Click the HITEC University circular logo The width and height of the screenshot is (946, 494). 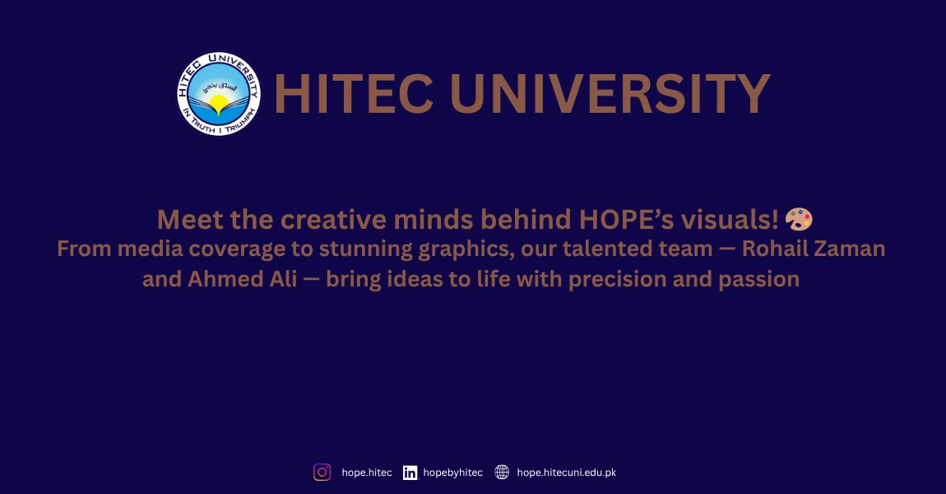(x=218, y=94)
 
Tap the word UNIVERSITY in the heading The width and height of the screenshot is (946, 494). (x=610, y=94)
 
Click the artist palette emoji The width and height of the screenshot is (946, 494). (x=799, y=220)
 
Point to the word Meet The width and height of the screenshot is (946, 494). (x=187, y=220)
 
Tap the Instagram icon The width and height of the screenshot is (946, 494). (x=322, y=473)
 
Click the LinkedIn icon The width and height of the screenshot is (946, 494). (x=410, y=473)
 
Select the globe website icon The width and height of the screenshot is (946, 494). (x=502, y=473)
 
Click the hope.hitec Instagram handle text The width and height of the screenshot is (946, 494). (x=367, y=473)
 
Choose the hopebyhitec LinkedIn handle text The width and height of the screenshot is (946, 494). (x=452, y=473)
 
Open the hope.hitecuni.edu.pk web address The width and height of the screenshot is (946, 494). (x=566, y=473)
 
